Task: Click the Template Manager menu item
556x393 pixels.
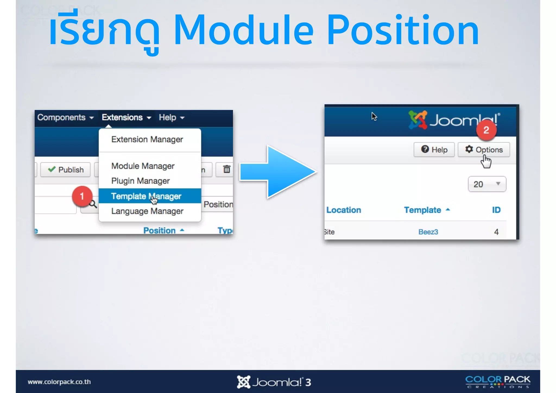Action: point(146,196)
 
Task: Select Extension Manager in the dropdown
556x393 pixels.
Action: point(147,139)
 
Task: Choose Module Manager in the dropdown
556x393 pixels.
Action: point(143,166)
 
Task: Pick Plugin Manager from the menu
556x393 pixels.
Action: point(140,181)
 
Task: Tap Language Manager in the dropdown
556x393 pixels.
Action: point(147,211)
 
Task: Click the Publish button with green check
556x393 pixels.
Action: point(65,170)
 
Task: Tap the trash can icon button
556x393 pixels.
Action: point(226,169)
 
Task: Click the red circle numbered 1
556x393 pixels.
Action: point(82,196)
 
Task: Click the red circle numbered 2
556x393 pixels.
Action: point(486,130)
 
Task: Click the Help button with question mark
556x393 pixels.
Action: point(434,150)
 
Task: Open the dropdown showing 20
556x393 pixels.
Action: point(487,184)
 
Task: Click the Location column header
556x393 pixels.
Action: point(343,210)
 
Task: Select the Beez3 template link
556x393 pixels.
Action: point(428,232)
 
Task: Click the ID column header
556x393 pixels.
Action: point(496,210)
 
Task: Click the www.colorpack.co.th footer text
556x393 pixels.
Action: point(59,382)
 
